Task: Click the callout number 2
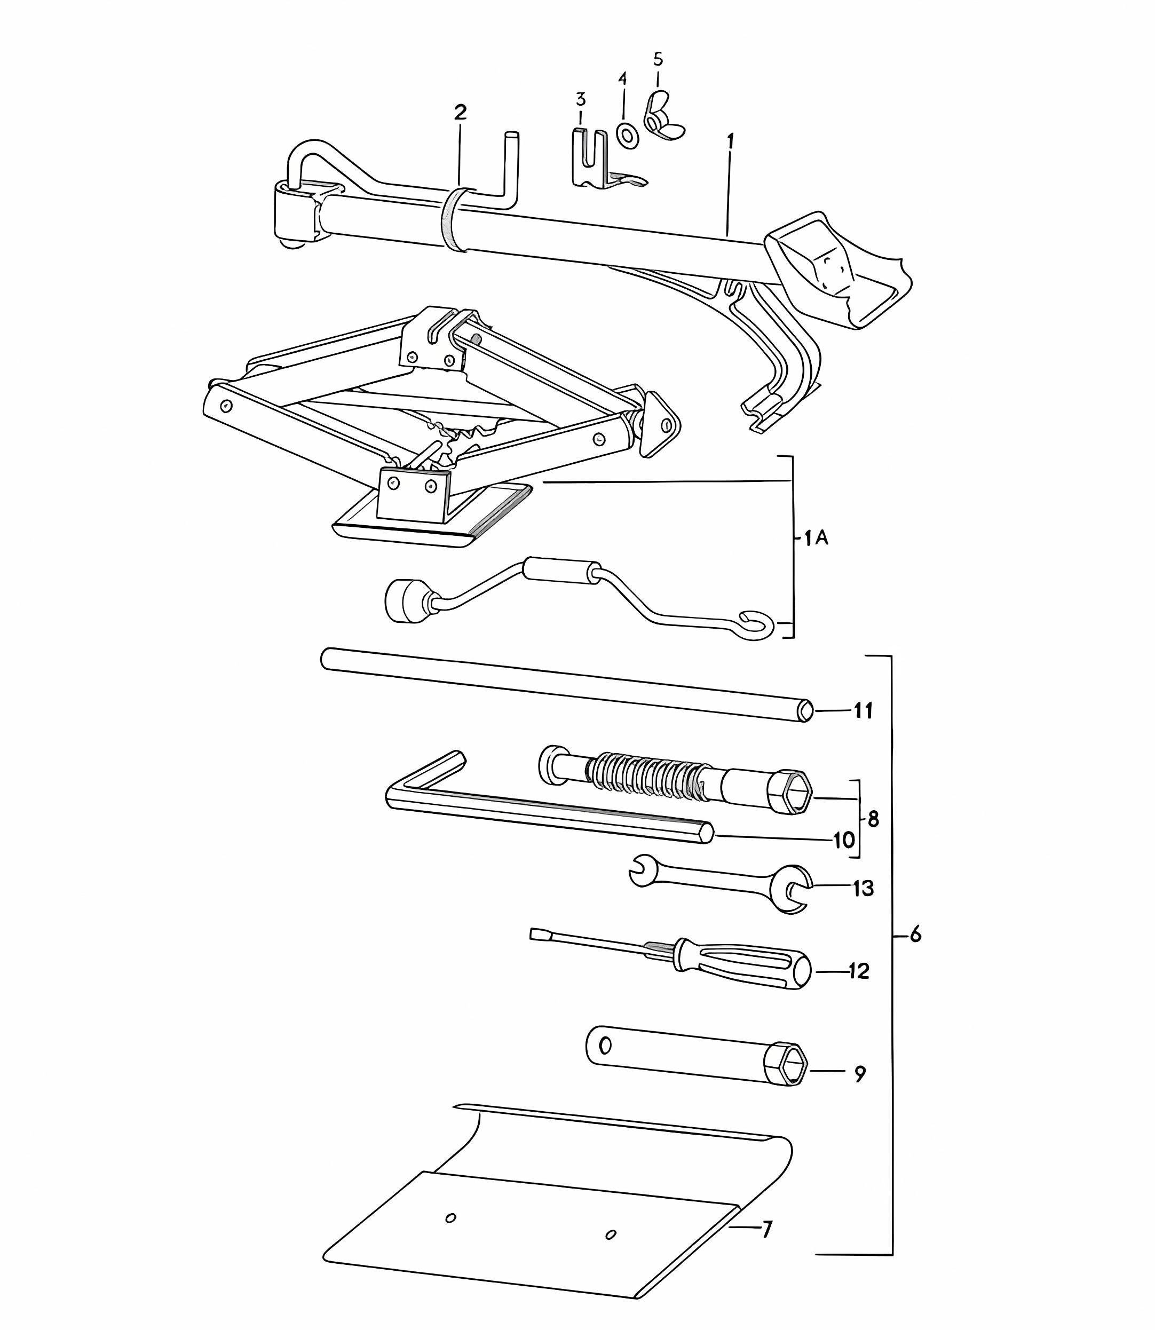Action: pos(460,113)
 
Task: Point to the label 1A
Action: pos(816,537)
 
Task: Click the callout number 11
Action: pos(864,711)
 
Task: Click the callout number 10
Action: pos(844,840)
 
